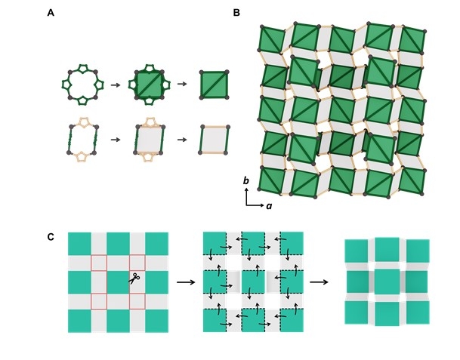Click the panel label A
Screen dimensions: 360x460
click(x=51, y=13)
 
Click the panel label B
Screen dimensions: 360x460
click(x=236, y=13)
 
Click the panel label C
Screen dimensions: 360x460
click(x=51, y=237)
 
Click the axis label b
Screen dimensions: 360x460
click(x=247, y=182)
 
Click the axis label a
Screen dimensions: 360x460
click(x=269, y=206)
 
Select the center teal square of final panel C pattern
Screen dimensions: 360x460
click(x=386, y=282)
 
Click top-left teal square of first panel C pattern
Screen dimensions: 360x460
click(x=79, y=243)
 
